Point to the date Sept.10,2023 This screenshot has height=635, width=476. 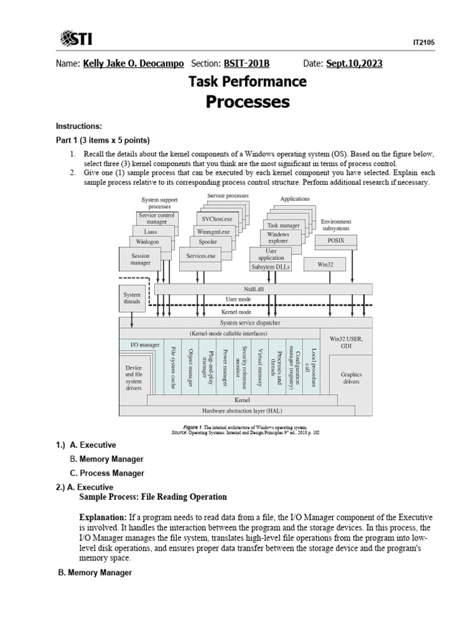click(354, 64)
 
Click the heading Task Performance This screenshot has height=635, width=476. click(247, 81)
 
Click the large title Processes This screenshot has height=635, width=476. click(247, 102)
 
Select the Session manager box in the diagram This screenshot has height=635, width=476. click(141, 259)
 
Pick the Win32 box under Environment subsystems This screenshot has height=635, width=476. click(325, 264)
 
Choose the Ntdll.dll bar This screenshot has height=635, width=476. click(263, 289)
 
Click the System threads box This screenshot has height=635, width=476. click(132, 298)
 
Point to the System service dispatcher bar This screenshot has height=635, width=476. click(245, 323)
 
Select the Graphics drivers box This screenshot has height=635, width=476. click(351, 378)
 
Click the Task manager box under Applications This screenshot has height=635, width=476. click(283, 226)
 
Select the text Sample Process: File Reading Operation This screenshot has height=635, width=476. click(153, 497)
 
